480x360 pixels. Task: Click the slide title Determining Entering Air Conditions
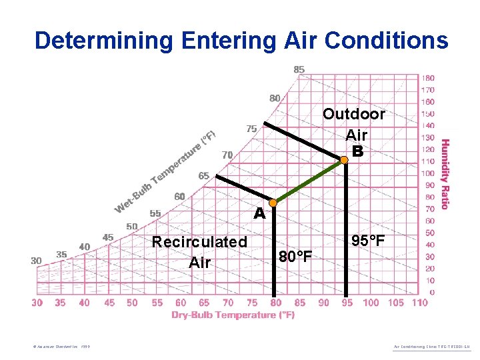(x=241, y=40)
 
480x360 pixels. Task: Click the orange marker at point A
(x=273, y=202)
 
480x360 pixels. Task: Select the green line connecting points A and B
(x=309, y=181)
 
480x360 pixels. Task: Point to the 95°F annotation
(x=368, y=241)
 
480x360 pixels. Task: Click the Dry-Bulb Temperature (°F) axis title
(x=233, y=315)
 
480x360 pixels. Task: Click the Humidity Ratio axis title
(x=445, y=174)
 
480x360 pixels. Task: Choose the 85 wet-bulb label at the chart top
(x=299, y=69)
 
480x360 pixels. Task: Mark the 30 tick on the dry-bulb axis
(x=37, y=303)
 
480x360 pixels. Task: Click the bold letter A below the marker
(x=259, y=215)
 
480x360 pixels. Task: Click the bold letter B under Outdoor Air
(x=357, y=151)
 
